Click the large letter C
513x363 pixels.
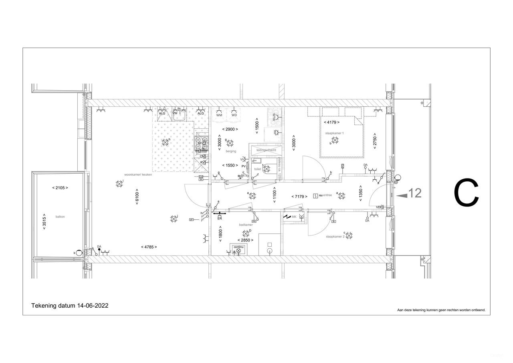click(x=466, y=193)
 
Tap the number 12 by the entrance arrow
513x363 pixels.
click(x=416, y=193)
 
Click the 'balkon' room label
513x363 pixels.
click(x=60, y=217)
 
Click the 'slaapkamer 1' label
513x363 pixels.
click(x=335, y=133)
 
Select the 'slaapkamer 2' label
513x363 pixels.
click(x=335, y=237)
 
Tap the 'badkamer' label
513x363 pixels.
click(x=246, y=225)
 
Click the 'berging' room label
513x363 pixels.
click(x=231, y=151)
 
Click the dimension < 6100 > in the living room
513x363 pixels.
click(x=137, y=197)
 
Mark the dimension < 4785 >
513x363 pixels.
click(x=149, y=247)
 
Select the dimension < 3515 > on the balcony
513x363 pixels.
click(x=44, y=221)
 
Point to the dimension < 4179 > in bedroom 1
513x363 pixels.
click(x=331, y=122)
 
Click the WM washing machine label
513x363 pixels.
click(x=219, y=115)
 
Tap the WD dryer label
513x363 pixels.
click(x=234, y=115)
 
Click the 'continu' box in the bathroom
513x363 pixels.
click(x=238, y=247)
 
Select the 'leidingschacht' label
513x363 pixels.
click(x=266, y=150)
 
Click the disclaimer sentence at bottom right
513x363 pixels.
click(x=441, y=310)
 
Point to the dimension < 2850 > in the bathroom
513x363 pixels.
click(x=244, y=240)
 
